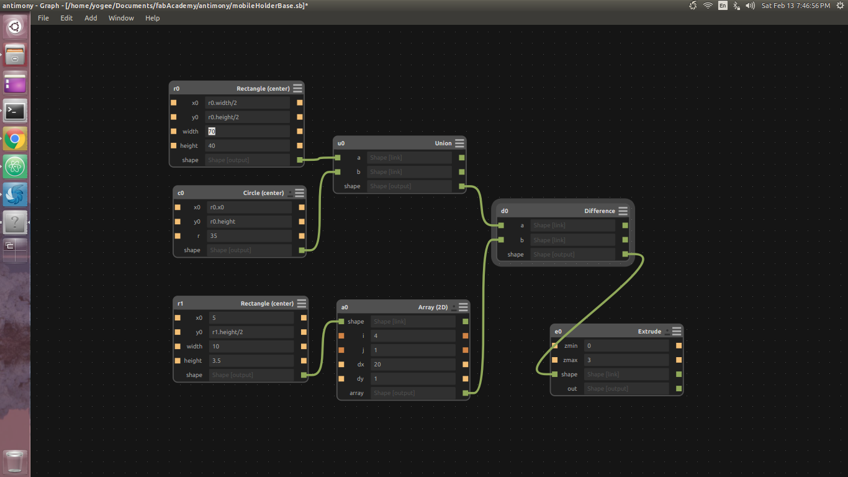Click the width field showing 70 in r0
(247, 132)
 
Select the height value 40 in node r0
(247, 146)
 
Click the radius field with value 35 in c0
(250, 236)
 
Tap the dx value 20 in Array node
(413, 365)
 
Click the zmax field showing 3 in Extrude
(626, 360)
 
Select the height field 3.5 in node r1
(251, 361)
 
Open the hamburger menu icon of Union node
(459, 143)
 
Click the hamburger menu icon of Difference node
(623, 211)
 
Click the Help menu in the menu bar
(152, 18)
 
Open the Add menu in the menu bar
(91, 18)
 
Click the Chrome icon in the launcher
(15, 139)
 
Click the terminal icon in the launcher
(15, 111)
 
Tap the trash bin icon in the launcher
(15, 462)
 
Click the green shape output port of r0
(300, 160)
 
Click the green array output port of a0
(466, 393)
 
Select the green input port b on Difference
(501, 240)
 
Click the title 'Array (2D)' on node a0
(433, 307)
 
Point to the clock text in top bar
(795, 6)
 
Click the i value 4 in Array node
(413, 336)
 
